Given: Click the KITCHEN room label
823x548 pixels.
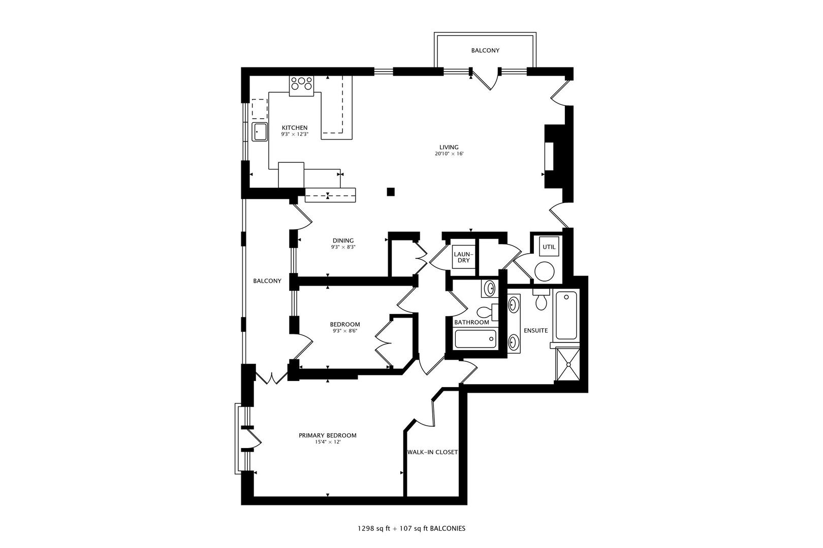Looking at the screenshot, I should tap(295, 128).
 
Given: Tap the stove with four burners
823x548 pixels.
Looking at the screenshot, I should tap(301, 85).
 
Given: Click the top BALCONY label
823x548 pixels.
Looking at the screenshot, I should tap(485, 51).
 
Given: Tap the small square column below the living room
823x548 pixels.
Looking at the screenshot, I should tap(391, 191).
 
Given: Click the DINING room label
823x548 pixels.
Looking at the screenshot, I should tap(343, 241).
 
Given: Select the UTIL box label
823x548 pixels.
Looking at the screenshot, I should tap(549, 247).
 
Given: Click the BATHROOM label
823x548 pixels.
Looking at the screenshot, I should tap(471, 322).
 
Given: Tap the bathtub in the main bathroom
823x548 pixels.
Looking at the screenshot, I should tap(475, 338).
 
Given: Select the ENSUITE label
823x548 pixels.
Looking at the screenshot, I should tap(536, 330).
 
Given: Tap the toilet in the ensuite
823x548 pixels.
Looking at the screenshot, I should tap(541, 300).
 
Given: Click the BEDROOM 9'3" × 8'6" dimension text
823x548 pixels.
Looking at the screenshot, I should tap(344, 331).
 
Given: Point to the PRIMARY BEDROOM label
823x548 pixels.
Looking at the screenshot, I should tap(327, 435).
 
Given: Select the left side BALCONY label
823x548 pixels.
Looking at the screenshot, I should tap(267, 281).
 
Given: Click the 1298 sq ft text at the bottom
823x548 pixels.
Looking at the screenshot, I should tap(373, 528).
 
